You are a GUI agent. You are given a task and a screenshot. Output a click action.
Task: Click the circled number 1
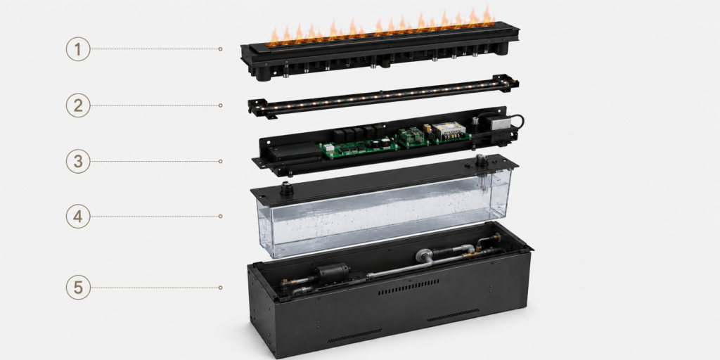click(77, 49)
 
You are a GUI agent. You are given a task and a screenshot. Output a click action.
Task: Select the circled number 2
click(77, 105)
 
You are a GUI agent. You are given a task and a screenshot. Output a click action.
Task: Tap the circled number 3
click(77, 161)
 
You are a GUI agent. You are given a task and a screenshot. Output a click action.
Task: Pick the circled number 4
click(77, 217)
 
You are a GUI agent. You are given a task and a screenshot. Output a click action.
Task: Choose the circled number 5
click(77, 288)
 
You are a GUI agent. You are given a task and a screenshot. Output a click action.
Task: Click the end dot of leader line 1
click(220, 49)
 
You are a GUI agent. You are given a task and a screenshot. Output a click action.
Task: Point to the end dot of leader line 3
click(220, 161)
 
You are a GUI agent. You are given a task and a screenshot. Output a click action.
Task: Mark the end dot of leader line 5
click(220, 288)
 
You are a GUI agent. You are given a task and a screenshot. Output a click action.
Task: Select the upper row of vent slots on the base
click(409, 287)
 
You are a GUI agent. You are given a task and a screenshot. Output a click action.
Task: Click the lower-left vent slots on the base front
click(354, 335)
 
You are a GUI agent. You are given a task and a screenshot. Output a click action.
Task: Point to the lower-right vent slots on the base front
click(454, 315)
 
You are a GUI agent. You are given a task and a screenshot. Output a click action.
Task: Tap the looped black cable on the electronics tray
click(517, 121)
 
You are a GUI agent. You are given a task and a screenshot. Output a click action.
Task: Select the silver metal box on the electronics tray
click(495, 123)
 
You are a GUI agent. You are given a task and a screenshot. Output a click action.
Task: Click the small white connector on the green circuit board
click(329, 148)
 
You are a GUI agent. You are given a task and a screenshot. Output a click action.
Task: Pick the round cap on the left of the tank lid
click(287, 188)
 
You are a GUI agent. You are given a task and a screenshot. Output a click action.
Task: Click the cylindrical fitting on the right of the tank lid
click(482, 161)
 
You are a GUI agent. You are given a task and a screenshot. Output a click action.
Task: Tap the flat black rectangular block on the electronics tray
click(294, 150)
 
